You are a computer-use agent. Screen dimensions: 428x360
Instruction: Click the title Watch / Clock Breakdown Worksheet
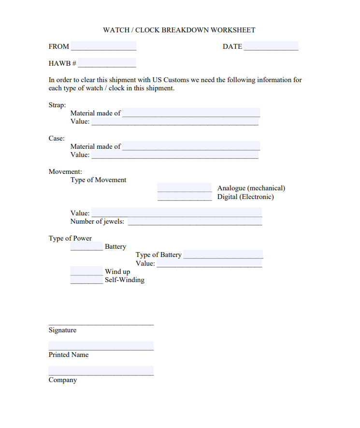[x=179, y=30]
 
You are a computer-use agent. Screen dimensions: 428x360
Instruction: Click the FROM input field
[x=103, y=46]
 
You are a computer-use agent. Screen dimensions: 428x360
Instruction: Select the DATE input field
[x=271, y=46]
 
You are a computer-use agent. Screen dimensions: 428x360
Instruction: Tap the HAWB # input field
[x=107, y=63]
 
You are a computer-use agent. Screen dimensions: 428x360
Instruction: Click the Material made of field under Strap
[x=191, y=113]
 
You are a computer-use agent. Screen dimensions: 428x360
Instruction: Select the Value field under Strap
[x=175, y=122]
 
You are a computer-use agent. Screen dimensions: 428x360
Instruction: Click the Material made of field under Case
[x=191, y=146]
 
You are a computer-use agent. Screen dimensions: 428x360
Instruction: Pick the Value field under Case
[x=175, y=155]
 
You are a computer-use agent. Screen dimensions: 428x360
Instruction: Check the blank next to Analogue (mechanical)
[x=185, y=188]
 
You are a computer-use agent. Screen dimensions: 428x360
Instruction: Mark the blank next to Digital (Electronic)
[x=185, y=197]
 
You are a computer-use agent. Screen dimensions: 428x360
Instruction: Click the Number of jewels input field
[x=195, y=222]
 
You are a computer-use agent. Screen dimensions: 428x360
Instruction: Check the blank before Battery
[x=86, y=246]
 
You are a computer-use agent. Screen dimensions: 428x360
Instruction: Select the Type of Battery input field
[x=223, y=255]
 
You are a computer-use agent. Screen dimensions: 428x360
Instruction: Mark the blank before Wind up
[x=86, y=271]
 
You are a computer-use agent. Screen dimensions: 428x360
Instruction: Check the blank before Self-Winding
[x=86, y=280]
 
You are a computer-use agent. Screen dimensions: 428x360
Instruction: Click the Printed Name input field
[x=101, y=346]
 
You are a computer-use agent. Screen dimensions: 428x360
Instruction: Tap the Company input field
[x=101, y=371]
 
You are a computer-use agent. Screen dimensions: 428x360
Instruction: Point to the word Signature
[x=62, y=330]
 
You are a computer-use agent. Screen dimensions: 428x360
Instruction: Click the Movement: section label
[x=65, y=171]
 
